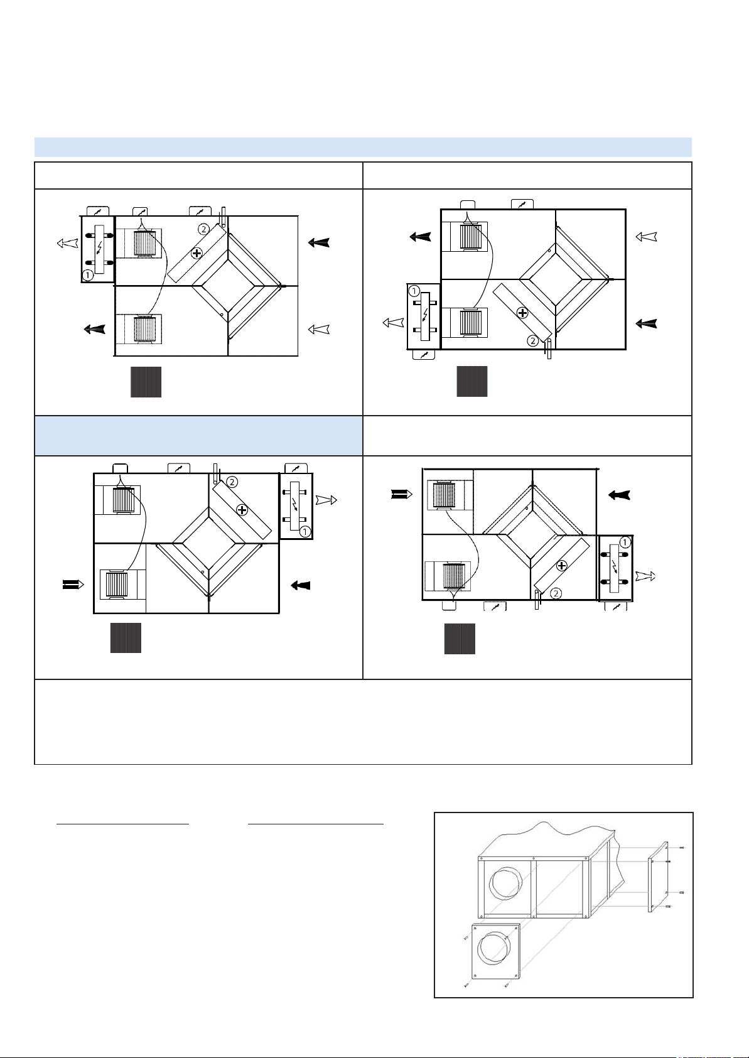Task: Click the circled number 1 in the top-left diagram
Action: click(x=87, y=274)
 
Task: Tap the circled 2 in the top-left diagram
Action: click(x=203, y=229)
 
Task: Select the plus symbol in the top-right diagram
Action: click(x=522, y=313)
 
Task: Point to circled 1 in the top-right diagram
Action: click(x=414, y=291)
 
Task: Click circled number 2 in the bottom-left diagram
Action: click(x=232, y=482)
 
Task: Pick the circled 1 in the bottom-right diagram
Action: click(x=624, y=542)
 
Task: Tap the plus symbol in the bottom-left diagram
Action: click(x=242, y=510)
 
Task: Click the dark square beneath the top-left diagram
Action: click(x=146, y=382)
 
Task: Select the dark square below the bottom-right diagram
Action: click(x=460, y=639)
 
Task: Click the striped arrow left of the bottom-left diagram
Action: click(x=73, y=585)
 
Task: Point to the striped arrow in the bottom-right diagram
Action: click(x=402, y=494)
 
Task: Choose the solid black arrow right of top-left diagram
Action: click(x=319, y=242)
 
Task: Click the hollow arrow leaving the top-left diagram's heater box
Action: click(x=67, y=243)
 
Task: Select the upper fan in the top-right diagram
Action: click(x=471, y=236)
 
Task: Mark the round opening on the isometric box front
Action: click(x=506, y=883)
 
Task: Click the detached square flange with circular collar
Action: click(x=496, y=951)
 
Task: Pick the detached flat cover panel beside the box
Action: click(x=659, y=876)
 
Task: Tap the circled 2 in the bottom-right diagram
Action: click(x=556, y=593)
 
